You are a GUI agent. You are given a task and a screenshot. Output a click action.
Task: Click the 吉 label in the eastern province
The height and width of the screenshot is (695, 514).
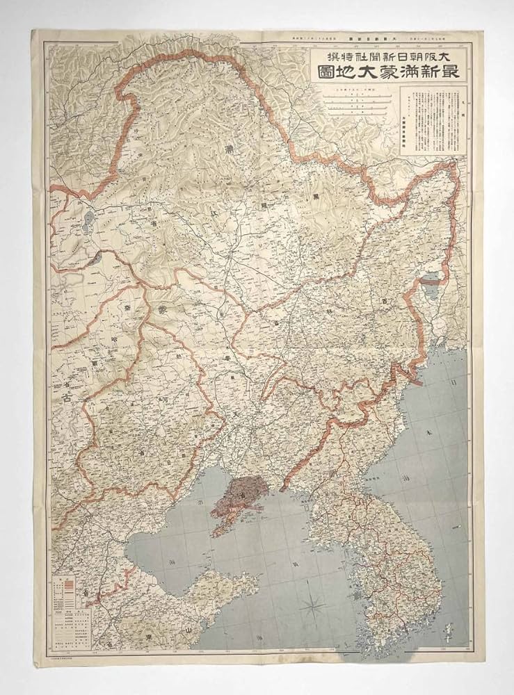click(385, 300)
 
